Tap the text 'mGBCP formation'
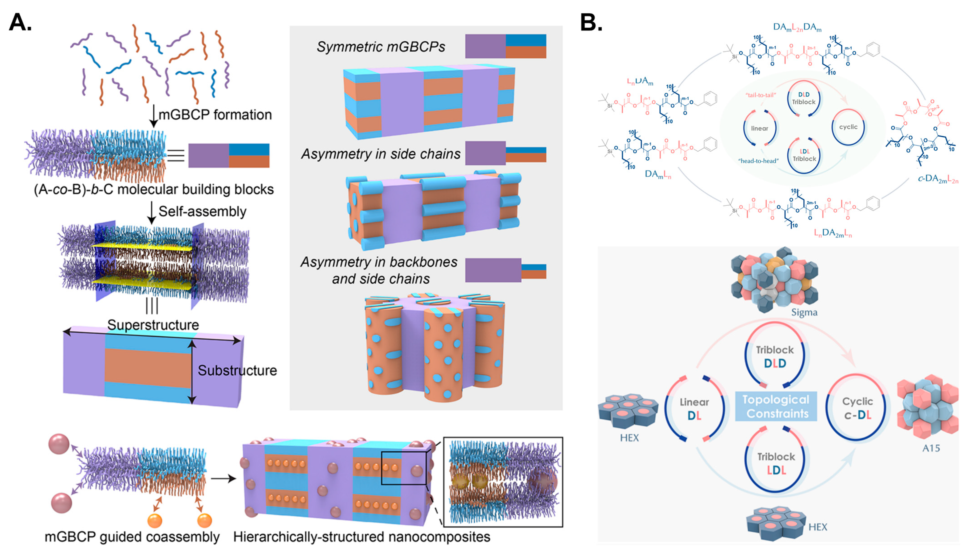(215, 114)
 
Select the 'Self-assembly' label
(202, 211)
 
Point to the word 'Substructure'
(237, 370)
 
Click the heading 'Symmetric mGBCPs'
(381, 47)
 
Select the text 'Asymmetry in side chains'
(381, 154)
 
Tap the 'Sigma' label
(804, 312)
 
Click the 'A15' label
(931, 448)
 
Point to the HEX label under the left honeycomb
(629, 438)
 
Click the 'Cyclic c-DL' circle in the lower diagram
(857, 408)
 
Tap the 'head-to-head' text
(758, 161)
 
